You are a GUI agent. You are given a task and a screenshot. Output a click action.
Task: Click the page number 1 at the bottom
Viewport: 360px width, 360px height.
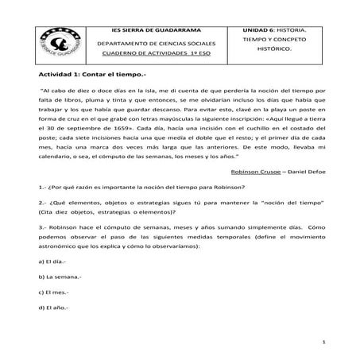coord(325,342)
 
